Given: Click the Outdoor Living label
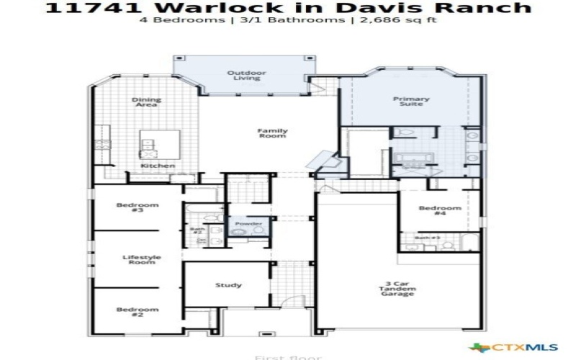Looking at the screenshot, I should pyautogui.click(x=247, y=76).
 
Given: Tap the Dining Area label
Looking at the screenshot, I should pyautogui.click(x=146, y=102).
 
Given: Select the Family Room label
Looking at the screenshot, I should pyautogui.click(x=273, y=133).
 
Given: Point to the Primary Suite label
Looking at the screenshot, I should pyautogui.click(x=411, y=102).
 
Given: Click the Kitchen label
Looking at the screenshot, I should pyautogui.click(x=158, y=166).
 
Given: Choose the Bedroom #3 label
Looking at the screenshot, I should pyautogui.click(x=137, y=208).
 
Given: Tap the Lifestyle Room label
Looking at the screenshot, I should pyautogui.click(x=141, y=260).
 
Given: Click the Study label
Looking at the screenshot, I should pyautogui.click(x=228, y=285).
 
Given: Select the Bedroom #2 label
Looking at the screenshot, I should pyautogui.click(x=137, y=312).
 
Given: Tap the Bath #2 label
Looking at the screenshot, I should pyautogui.click(x=197, y=231).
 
